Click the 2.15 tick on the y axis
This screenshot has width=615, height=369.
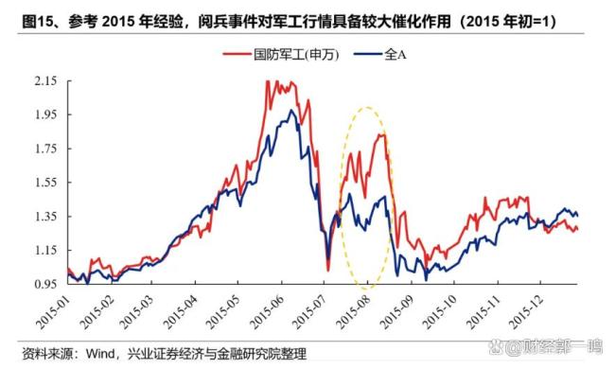pos(44,81)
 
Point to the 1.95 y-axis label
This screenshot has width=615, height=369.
pos(44,115)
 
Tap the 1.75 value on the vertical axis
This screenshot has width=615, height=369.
pos(44,149)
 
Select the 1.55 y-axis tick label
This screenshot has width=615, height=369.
pos(44,183)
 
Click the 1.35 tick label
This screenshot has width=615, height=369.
pos(44,217)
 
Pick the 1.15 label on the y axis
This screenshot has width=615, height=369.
pos(44,250)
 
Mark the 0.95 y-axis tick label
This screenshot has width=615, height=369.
pos(44,284)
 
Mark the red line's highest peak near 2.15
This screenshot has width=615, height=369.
pos(269,82)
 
